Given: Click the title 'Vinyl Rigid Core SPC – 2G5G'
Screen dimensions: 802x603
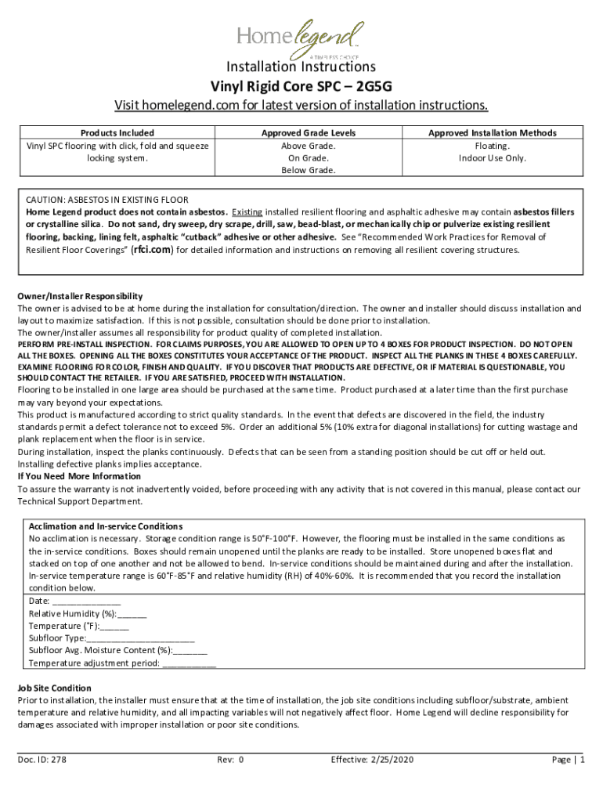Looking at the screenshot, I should [301, 85].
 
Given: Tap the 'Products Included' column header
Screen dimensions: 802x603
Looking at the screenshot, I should [117, 133].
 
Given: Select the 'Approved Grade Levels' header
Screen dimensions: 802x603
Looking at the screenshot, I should [309, 133].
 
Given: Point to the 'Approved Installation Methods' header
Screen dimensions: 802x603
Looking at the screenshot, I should [493, 133].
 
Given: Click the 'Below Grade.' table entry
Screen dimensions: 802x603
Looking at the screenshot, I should [309, 171].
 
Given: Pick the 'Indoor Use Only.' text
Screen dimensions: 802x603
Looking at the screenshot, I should [493, 158].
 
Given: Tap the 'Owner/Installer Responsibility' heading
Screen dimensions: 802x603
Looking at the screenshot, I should [80, 296].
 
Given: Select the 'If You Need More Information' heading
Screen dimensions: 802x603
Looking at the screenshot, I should [79, 476].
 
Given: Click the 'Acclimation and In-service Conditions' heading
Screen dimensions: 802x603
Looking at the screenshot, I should [106, 526].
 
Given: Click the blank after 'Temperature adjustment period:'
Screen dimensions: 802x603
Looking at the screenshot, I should [189, 664].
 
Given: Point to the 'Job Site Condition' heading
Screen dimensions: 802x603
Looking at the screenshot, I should [55, 688].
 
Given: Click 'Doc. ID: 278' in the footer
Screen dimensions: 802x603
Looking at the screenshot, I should [42, 760].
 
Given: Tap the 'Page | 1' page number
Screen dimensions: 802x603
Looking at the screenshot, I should [569, 760].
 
